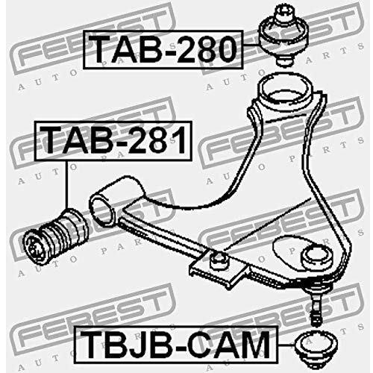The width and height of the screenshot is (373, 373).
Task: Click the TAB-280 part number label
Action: coord(163,49)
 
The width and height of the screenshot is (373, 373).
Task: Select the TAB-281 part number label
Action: coord(113,141)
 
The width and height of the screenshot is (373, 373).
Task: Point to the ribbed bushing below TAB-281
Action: coord(55,236)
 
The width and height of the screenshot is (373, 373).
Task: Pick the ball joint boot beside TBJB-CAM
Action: coord(316,350)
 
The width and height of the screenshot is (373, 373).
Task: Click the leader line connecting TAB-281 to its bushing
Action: coord(67,184)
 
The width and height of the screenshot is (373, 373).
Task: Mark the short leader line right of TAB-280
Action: coord(251,45)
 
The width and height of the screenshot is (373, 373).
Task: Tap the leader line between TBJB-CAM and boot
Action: coord(286,345)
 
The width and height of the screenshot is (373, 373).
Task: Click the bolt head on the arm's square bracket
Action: coord(218,260)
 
